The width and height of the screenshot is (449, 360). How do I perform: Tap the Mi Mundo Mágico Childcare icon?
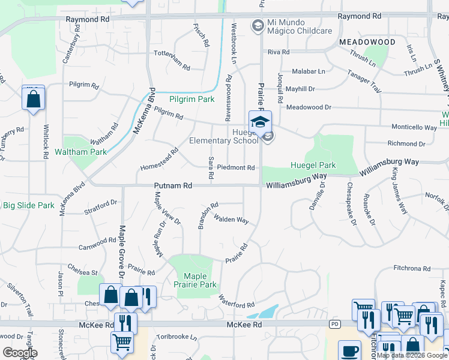click(258, 25)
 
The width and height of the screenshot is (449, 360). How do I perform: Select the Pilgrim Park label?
click(191, 98)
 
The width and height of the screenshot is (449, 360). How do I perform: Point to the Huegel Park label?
click(313, 165)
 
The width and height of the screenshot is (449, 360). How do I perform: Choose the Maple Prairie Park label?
click(196, 280)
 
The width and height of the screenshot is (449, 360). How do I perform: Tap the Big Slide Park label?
click(28, 205)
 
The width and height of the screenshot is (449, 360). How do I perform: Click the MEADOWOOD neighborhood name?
click(367, 42)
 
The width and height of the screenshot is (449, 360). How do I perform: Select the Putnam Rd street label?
click(173, 187)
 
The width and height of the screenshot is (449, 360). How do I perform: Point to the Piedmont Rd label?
click(236, 167)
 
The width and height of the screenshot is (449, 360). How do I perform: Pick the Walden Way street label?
click(231, 220)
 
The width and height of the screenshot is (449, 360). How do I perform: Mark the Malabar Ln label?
click(308, 71)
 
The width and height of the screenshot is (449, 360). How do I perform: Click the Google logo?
click(20, 352)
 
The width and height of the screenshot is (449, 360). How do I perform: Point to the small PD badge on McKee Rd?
click(335, 325)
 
